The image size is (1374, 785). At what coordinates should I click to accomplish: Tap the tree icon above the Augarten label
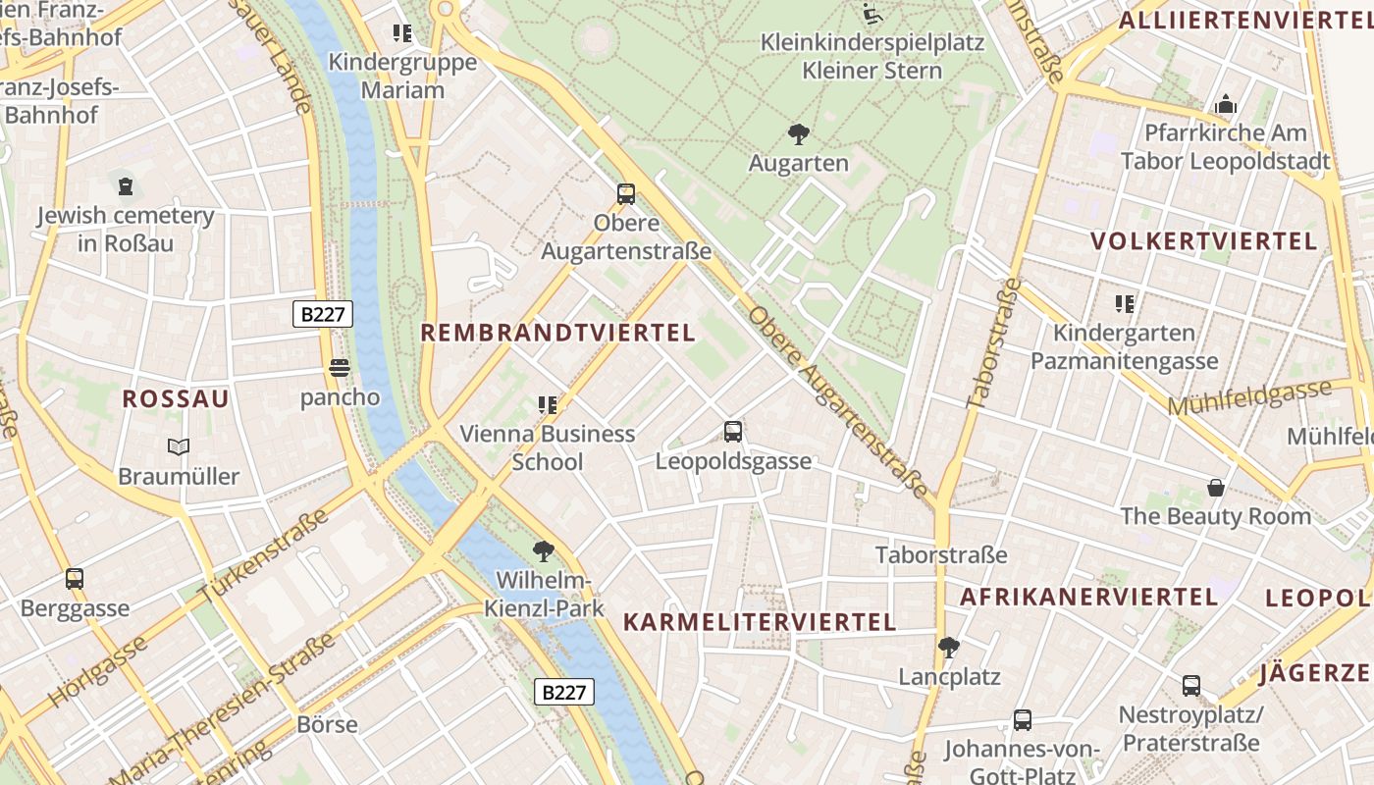798,134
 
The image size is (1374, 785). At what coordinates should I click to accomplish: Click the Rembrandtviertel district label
557,333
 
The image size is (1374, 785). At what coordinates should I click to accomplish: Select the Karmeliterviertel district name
760,622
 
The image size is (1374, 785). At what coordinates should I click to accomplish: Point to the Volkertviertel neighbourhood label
1203,241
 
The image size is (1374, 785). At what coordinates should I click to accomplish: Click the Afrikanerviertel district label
1088,597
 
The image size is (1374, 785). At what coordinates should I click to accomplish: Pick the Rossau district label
176,398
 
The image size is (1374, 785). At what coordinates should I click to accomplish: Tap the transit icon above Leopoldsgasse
732,432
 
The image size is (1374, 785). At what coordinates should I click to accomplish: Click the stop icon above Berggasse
75,579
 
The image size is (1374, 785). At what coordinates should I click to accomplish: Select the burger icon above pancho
340,368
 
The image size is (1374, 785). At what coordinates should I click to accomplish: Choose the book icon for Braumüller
178,447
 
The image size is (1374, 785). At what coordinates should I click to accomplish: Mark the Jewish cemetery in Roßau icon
125,185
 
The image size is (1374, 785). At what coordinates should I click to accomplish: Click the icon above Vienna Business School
547,404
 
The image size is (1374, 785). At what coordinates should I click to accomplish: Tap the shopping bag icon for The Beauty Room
1215,487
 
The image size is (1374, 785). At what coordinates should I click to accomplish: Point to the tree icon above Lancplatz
948,648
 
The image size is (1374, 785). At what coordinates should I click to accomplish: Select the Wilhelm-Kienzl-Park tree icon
543,551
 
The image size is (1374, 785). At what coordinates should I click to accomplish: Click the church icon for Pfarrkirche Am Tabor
1225,104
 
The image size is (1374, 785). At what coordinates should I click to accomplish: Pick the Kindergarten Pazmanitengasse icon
1124,304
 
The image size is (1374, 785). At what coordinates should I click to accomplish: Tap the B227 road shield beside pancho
322,314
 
